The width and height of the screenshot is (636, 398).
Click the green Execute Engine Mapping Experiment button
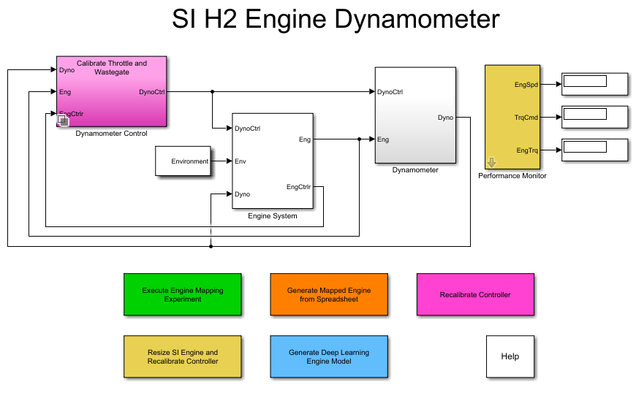click(x=182, y=294)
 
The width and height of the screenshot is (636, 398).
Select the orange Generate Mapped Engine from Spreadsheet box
click(x=328, y=294)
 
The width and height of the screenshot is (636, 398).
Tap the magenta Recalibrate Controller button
click(x=475, y=294)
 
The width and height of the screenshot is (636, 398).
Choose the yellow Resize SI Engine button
click(x=182, y=356)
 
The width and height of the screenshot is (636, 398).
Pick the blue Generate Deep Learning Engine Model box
click(x=328, y=356)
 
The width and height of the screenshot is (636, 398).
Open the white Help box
click(x=510, y=356)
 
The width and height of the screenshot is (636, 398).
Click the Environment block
click(x=183, y=161)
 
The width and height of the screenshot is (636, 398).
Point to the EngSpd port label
click(x=526, y=85)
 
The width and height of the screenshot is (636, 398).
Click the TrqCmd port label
click(x=526, y=117)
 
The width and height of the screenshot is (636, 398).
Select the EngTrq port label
click(x=526, y=150)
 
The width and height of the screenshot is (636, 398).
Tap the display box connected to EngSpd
click(x=594, y=83)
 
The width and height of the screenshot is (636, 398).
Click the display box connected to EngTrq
click(x=594, y=149)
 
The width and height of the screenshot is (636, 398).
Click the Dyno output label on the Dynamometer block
click(x=444, y=117)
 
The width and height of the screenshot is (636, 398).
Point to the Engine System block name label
click(x=272, y=216)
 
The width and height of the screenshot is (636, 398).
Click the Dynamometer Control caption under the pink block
click(x=111, y=134)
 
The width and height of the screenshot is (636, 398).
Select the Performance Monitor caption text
click(x=512, y=176)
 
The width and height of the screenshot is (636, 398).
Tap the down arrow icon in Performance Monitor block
click(x=491, y=162)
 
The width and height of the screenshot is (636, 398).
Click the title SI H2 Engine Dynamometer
click(x=336, y=20)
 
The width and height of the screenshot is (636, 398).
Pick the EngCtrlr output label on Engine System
click(x=298, y=187)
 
